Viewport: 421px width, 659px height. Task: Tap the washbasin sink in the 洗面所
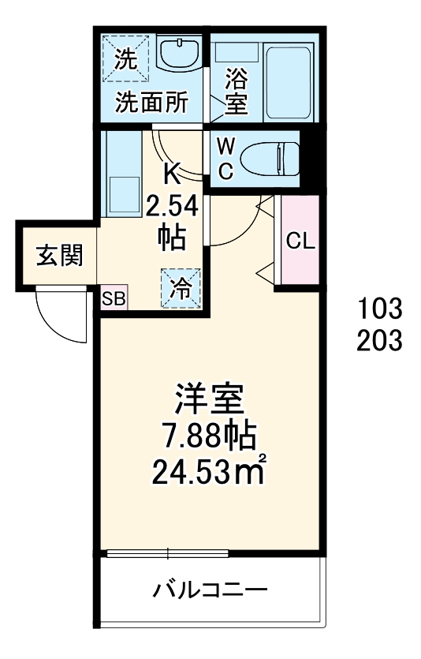coord(180,55)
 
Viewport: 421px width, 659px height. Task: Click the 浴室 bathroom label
coord(237,91)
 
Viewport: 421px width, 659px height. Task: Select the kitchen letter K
coord(172,172)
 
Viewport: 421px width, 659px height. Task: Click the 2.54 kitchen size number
coord(172,207)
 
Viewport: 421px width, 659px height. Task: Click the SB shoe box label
coord(114,298)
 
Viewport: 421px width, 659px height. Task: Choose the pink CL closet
coord(300,241)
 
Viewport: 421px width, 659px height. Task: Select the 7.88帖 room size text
coord(209,436)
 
